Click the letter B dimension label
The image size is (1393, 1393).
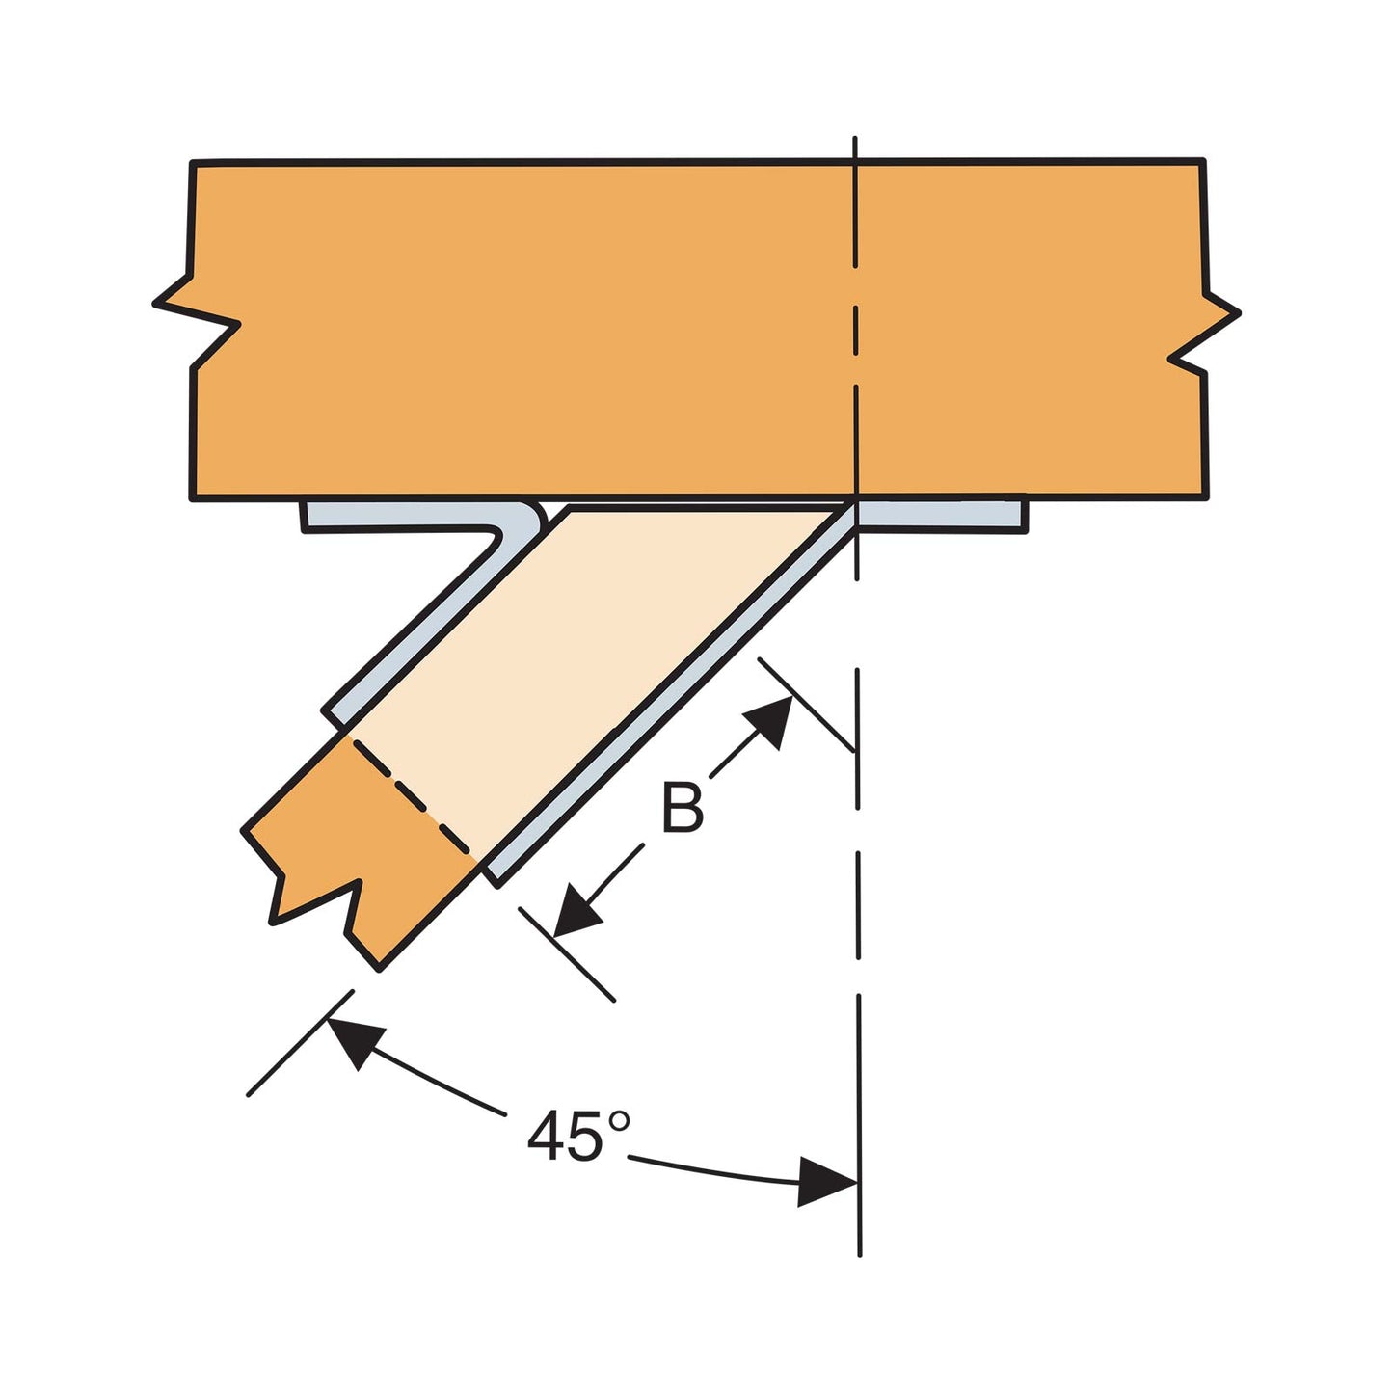coord(683,808)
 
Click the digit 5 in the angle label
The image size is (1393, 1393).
coord(584,1137)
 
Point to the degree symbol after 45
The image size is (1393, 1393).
coord(620,1121)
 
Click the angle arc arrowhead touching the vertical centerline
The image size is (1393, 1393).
coord(826,1183)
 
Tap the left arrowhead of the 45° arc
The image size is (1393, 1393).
coord(352,1041)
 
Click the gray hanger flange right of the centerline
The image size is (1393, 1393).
coord(941,516)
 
